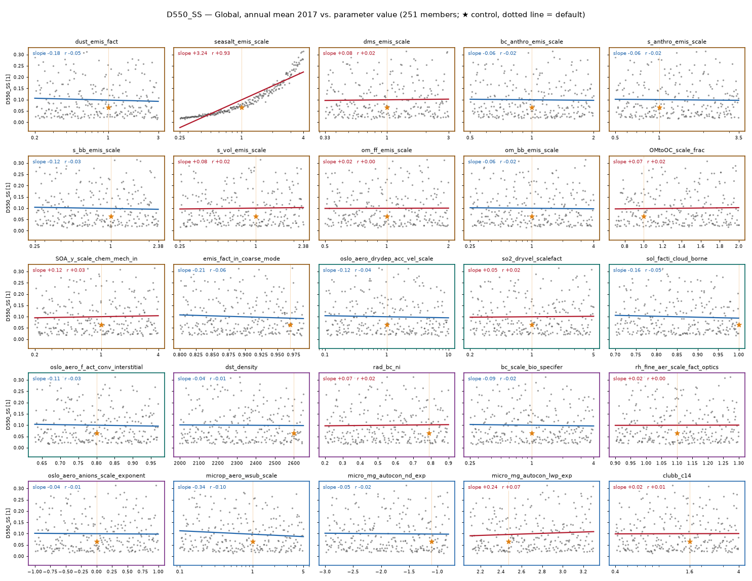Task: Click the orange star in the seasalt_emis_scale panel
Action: (242, 107)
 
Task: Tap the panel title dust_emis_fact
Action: (97, 42)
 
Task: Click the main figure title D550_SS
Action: (184, 15)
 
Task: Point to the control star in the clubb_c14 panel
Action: (690, 541)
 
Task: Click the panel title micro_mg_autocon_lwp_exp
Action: (532, 476)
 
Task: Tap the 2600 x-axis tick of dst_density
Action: (294, 463)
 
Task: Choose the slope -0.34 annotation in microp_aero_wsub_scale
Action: (191, 487)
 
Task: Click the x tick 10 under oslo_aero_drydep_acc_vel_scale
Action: (448, 355)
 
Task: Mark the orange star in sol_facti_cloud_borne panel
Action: (739, 325)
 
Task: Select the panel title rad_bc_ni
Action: (386, 367)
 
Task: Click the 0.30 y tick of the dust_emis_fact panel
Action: (19, 55)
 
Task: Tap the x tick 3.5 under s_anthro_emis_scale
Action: (738, 137)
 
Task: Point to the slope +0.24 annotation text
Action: (483, 487)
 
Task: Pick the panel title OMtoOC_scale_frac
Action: (677, 150)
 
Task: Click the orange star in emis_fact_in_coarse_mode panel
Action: (290, 325)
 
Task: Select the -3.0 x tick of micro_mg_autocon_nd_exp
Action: (325, 571)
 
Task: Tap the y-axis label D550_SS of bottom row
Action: (8, 523)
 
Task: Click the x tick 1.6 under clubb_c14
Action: (690, 571)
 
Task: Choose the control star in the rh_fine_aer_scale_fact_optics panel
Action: (677, 433)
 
